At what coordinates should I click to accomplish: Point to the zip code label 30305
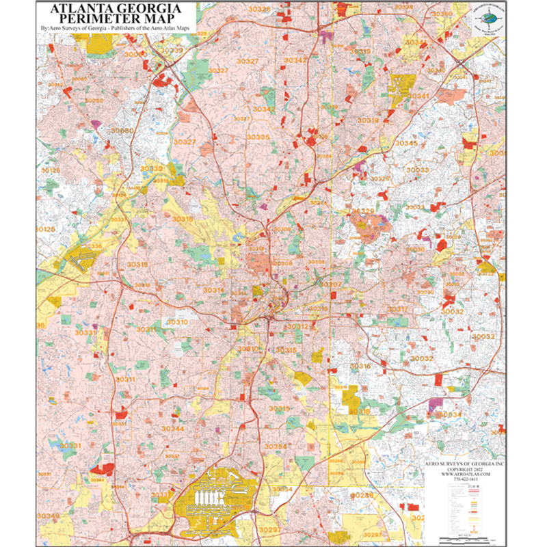(258, 137)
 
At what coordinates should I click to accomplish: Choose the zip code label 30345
(405, 143)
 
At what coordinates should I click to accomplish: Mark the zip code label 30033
(417, 170)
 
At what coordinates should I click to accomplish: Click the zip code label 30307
(332, 284)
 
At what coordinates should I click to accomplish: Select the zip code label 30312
(297, 327)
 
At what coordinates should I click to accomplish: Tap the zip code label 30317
(398, 310)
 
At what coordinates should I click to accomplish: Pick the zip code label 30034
(451, 414)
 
